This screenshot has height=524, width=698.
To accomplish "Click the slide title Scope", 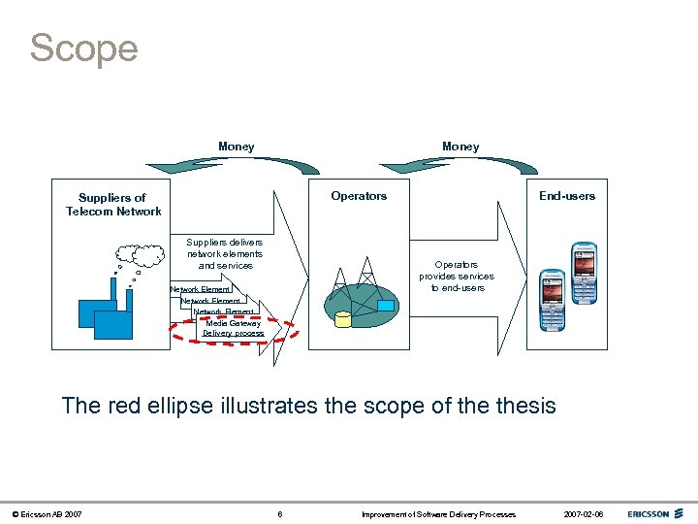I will click(83, 48).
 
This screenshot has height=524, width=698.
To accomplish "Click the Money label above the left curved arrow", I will click(236, 147).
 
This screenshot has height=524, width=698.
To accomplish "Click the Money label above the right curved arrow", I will click(460, 147).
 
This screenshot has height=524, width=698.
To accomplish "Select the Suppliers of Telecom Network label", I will click(112, 205).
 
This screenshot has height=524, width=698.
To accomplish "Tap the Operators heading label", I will click(359, 196).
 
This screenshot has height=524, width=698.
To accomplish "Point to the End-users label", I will click(567, 196).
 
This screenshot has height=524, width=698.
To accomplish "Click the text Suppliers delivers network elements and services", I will click(225, 253).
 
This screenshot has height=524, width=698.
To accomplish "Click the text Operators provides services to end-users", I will click(456, 276).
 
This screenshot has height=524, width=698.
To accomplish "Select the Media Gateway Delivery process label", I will click(233, 328).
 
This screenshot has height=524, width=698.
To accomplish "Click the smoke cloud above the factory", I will click(148, 254).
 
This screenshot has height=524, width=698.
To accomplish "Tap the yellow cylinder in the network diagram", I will click(342, 319).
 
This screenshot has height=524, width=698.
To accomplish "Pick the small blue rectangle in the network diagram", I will click(386, 306).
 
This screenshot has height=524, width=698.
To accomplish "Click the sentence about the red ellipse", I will click(308, 405).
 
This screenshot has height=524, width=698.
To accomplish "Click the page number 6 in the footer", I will click(279, 513).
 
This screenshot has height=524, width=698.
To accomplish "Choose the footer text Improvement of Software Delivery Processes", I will click(438, 513).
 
